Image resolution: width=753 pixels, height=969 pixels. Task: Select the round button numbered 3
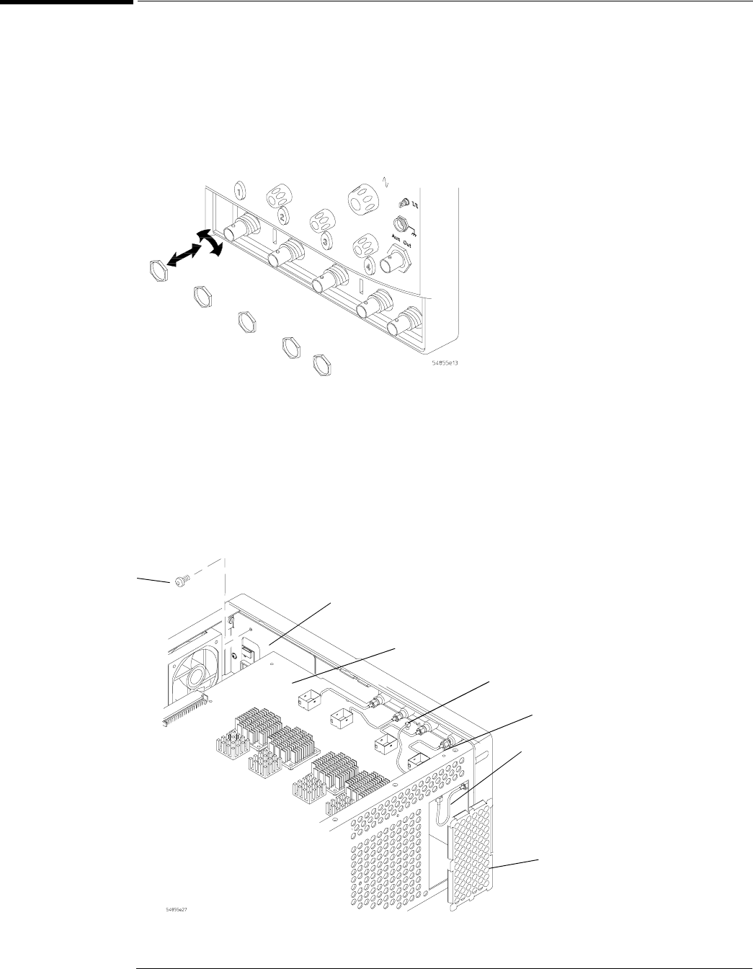click(x=325, y=241)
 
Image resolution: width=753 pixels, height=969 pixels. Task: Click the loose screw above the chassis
click(x=182, y=580)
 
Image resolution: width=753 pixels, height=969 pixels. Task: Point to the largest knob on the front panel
click(x=362, y=201)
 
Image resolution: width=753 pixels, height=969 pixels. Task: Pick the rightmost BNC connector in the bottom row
click(x=404, y=322)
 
